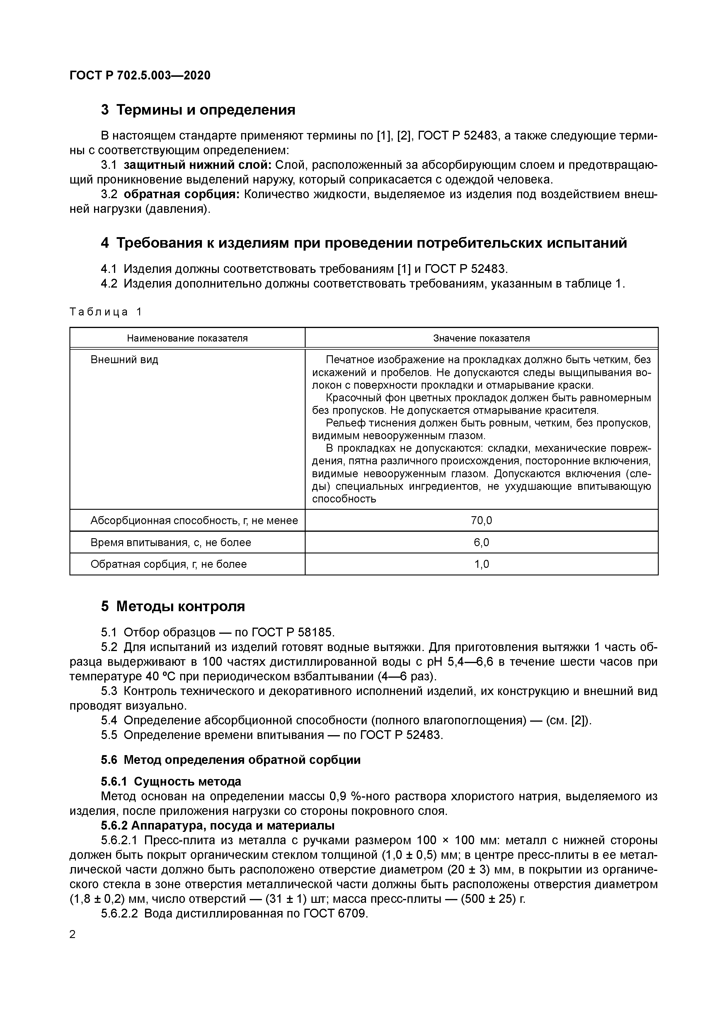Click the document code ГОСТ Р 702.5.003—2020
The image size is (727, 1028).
click(x=140, y=75)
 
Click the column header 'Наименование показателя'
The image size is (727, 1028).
click(x=187, y=338)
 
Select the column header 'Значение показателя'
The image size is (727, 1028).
click(x=481, y=338)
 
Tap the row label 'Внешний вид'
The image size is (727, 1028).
click(x=125, y=360)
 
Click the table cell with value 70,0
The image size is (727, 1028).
click(x=481, y=520)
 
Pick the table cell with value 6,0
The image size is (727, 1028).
click(x=481, y=542)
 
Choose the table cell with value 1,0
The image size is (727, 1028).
click(x=481, y=564)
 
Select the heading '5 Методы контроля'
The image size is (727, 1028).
click(x=173, y=606)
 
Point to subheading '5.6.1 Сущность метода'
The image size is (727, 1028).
click(x=171, y=781)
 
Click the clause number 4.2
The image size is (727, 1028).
click(x=109, y=283)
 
